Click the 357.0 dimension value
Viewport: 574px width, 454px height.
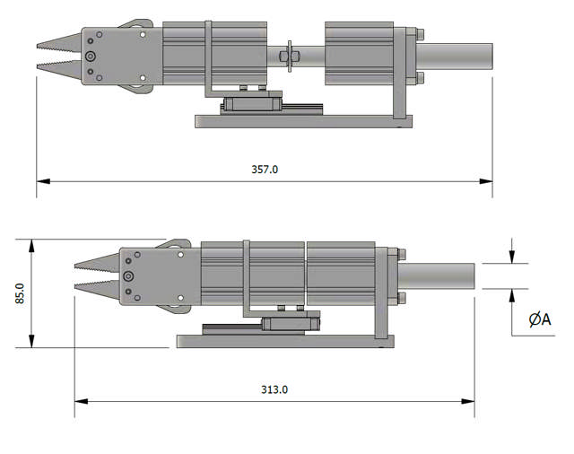265,169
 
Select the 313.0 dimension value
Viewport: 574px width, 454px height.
274,389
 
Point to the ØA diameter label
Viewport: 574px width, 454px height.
540,319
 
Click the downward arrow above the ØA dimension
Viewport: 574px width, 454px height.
512,258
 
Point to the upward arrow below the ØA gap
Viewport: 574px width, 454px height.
512,295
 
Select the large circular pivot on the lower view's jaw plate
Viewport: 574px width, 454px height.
128,275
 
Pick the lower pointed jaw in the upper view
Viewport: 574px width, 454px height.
58,66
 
